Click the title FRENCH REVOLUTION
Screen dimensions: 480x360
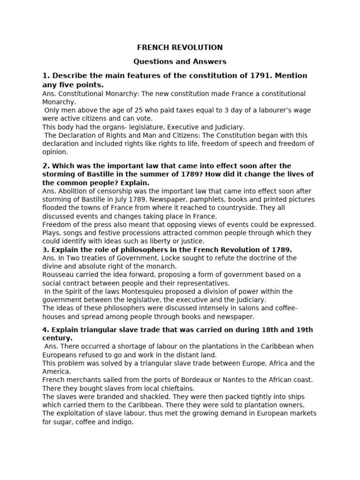click(x=180, y=47)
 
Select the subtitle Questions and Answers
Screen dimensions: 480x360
click(x=180, y=61)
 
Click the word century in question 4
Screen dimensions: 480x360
click(x=57, y=337)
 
